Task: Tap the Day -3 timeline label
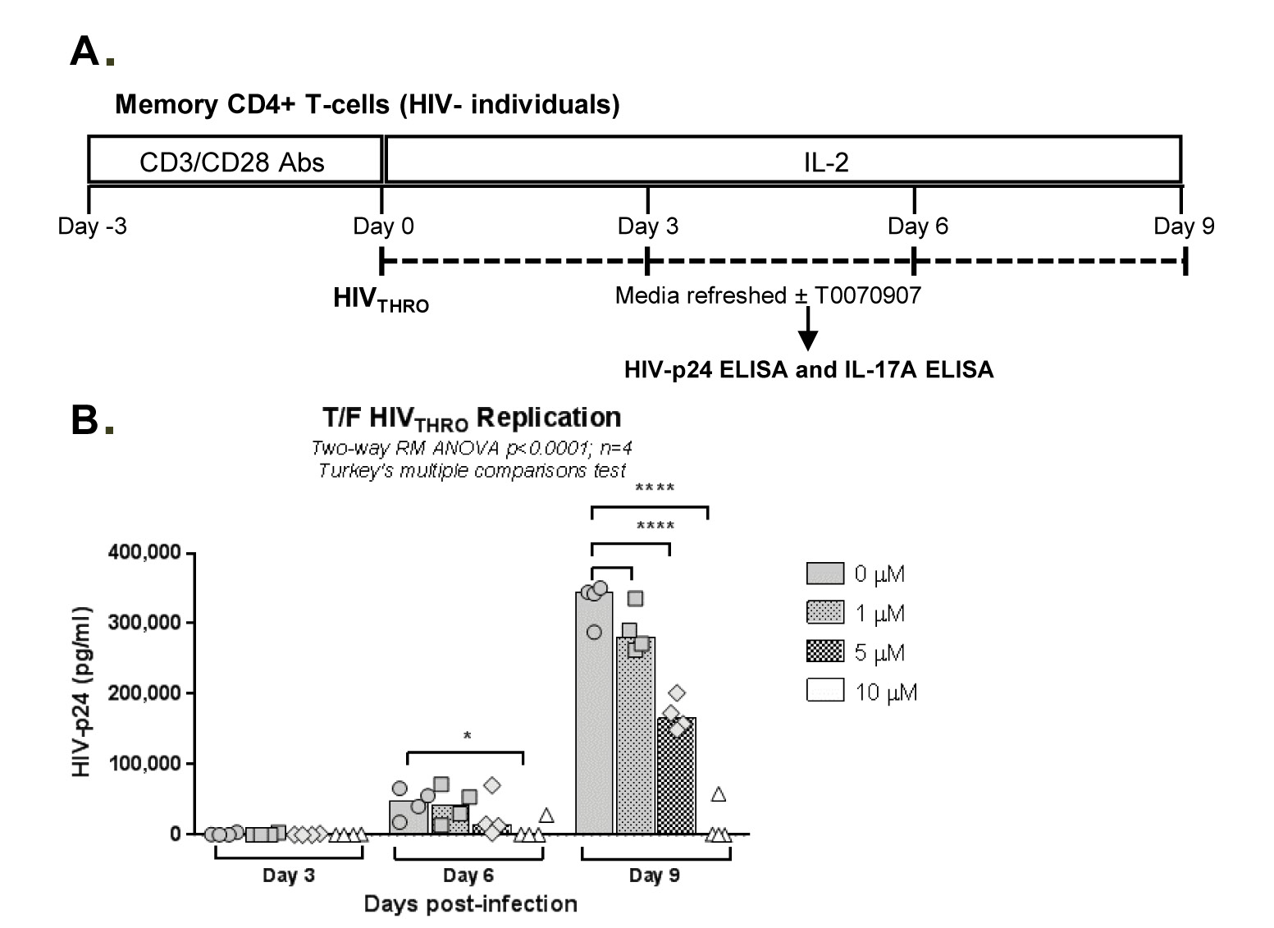[x=92, y=226]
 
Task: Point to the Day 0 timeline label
[x=383, y=226]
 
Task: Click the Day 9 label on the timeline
[x=1183, y=226]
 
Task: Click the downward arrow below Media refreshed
[x=808, y=329]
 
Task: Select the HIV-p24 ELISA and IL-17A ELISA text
[x=808, y=370]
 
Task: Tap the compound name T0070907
[x=868, y=295]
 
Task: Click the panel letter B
[x=85, y=420]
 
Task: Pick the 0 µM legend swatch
[x=824, y=574]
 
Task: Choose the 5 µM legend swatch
[x=824, y=653]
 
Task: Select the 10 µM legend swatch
[x=824, y=693]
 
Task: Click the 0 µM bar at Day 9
[x=594, y=722]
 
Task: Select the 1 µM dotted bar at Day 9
[x=636, y=738]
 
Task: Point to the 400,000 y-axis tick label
[x=144, y=552]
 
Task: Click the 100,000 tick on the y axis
[x=144, y=764]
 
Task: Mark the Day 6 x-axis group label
[x=468, y=875]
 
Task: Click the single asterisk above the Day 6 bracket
[x=467, y=737]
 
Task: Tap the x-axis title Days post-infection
[x=470, y=904]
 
